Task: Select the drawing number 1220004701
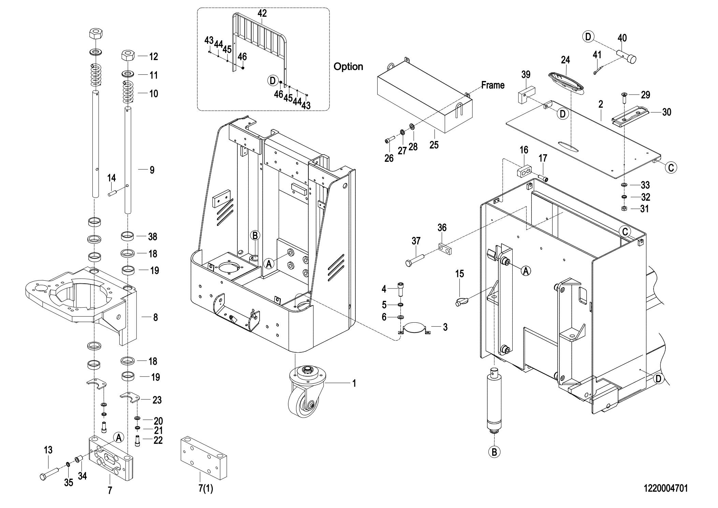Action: pyautogui.click(x=665, y=488)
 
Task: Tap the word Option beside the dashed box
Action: pyautogui.click(x=348, y=67)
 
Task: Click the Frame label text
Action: pyautogui.click(x=493, y=85)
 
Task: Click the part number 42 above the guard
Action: pyautogui.click(x=262, y=13)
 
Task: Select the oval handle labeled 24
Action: pyautogui.click(x=566, y=82)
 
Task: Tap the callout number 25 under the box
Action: pyautogui.click(x=434, y=145)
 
